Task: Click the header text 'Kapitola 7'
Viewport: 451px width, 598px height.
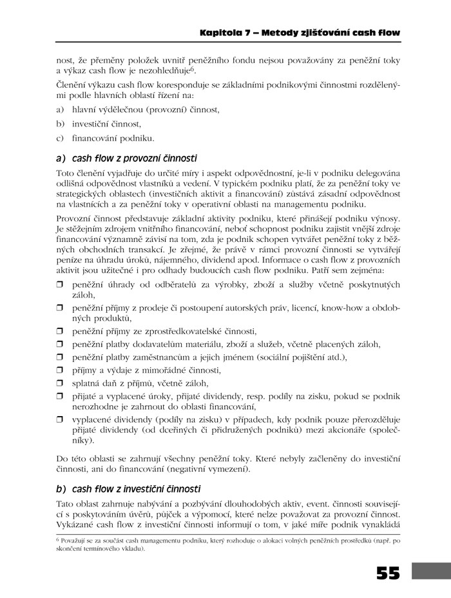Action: point(223,32)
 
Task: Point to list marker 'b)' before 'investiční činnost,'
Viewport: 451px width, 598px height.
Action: point(61,123)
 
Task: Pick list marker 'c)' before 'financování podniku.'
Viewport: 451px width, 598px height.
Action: point(61,137)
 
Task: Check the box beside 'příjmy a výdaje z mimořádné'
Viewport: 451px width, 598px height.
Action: point(60,370)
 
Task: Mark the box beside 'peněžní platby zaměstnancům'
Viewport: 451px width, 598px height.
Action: point(60,357)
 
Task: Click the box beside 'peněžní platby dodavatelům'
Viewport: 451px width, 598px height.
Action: point(60,343)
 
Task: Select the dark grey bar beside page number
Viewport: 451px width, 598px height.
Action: point(428,573)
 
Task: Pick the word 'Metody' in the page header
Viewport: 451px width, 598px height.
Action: point(273,32)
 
